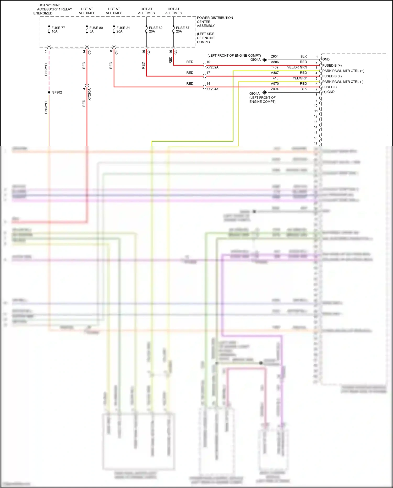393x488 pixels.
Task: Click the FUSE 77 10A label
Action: (58, 30)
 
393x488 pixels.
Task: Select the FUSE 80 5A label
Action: (96, 30)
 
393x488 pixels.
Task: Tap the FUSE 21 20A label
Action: (123, 30)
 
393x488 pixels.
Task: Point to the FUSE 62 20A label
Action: (155, 30)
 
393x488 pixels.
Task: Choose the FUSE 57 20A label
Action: (182, 30)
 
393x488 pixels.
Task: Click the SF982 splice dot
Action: (49, 92)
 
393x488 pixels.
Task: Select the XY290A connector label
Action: (89, 94)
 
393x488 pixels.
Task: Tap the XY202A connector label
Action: (212, 67)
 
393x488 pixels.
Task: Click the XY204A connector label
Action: (212, 89)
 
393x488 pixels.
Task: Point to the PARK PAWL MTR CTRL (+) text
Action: (343, 71)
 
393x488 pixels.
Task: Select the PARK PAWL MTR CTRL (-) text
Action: (342, 82)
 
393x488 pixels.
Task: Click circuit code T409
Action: (275, 67)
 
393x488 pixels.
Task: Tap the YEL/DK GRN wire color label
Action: (297, 67)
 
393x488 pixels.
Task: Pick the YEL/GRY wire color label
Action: (299, 78)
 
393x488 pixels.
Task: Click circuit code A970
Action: (275, 84)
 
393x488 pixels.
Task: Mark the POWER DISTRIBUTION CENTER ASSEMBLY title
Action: (215, 22)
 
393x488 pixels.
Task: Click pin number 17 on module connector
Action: (315, 143)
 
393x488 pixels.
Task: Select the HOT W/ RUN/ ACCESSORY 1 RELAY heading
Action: (52, 9)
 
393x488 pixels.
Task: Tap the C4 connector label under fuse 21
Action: (116, 52)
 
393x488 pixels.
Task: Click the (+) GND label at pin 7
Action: (328, 92)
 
